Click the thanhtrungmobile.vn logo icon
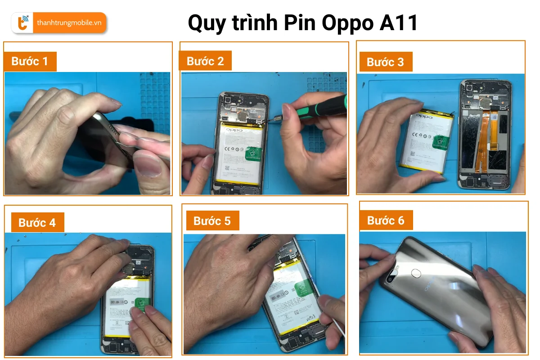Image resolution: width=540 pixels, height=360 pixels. coord(22,23)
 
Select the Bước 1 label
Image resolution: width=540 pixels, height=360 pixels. coord(30,61)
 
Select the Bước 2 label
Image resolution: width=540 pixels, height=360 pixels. coord(205,61)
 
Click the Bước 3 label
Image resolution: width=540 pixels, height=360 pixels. coord(385,62)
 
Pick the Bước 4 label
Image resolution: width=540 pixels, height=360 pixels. coord(37,223)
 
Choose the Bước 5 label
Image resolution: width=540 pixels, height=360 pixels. coord(212,221)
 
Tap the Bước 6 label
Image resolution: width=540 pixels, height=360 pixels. coord(386,220)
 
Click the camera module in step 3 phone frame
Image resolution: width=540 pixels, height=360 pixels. coord(471,87)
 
